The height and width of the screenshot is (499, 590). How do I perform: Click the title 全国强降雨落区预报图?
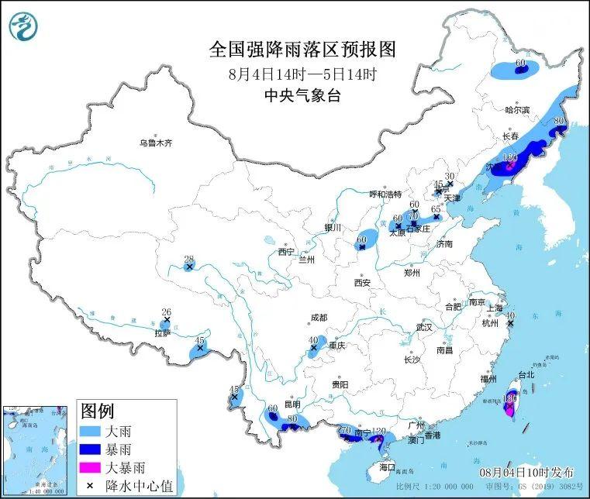(x=302, y=50)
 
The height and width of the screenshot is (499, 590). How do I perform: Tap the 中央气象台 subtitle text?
(x=302, y=97)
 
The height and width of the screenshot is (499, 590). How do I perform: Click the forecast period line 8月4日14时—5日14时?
(x=302, y=74)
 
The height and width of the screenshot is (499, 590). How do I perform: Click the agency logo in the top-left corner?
(x=23, y=27)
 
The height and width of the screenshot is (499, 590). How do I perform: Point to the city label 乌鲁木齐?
(x=155, y=143)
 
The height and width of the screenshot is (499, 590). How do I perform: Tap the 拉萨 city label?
(x=161, y=333)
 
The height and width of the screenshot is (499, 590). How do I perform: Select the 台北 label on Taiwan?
(x=526, y=374)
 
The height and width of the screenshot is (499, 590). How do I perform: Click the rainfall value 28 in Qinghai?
(x=188, y=259)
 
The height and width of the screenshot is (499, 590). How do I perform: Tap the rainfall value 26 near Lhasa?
(x=165, y=311)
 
